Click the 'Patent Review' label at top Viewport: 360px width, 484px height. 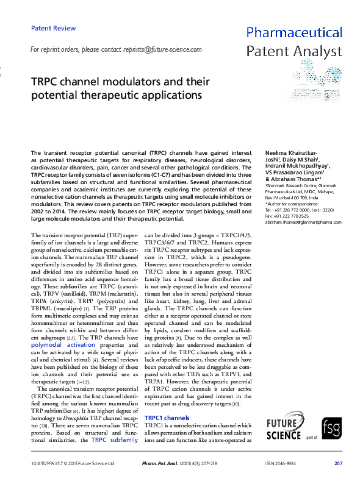click(53, 28)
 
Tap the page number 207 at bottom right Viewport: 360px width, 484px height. click(338, 464)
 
